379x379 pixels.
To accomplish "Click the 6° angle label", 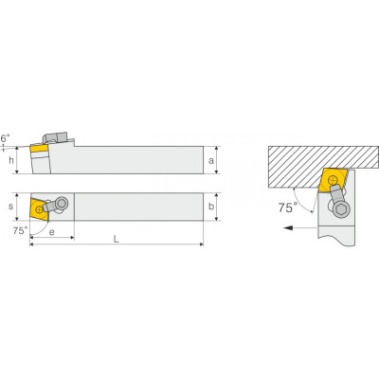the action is (5, 138).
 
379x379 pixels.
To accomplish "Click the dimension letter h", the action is (11, 160).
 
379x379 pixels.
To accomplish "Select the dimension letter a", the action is (211, 161).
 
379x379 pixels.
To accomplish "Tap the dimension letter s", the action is (11, 207).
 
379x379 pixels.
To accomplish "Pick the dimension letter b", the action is (211, 207).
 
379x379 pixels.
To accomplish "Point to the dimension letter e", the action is (52, 232).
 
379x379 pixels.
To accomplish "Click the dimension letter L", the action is (117, 240).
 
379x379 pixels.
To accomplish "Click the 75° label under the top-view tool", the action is (21, 231).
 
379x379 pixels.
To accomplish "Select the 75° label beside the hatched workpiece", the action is (288, 208).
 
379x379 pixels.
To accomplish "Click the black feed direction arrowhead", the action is (288, 227).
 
